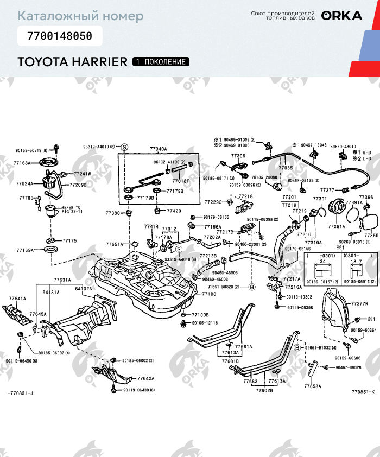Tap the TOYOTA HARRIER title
click(x=72, y=62)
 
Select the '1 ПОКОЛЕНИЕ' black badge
click(x=161, y=62)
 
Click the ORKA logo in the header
click(x=341, y=16)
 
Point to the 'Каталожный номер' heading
click(x=80, y=16)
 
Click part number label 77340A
click(x=159, y=149)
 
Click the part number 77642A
click(x=145, y=378)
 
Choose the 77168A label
click(x=23, y=163)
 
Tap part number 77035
click(x=286, y=169)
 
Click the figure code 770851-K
click(x=363, y=407)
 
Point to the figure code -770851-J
click(x=21, y=408)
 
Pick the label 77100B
click(x=200, y=315)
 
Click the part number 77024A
click(x=24, y=184)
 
